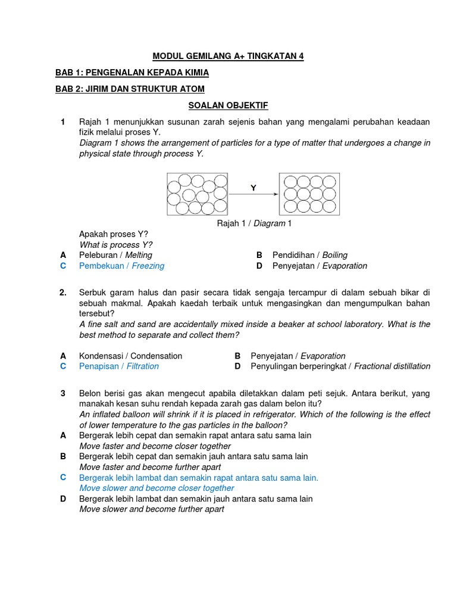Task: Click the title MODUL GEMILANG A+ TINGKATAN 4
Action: (x=228, y=56)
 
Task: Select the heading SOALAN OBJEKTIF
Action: (x=228, y=105)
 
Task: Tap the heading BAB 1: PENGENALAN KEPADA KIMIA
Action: (x=132, y=73)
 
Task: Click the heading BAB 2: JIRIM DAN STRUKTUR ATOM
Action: (x=130, y=89)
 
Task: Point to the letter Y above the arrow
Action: (x=253, y=188)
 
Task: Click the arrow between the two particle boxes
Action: (x=253, y=194)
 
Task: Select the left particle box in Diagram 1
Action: (x=198, y=194)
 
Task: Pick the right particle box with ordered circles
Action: (x=309, y=194)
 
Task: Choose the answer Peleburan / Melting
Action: (x=115, y=255)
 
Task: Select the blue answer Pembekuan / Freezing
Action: (x=121, y=266)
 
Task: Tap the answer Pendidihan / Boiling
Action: (x=309, y=255)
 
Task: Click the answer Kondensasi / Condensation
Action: (x=130, y=356)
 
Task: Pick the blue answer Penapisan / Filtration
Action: (x=118, y=366)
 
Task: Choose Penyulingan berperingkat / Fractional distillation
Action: (x=340, y=366)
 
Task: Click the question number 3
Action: (x=62, y=394)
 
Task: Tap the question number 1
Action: (x=62, y=122)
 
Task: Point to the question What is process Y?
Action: (x=116, y=245)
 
